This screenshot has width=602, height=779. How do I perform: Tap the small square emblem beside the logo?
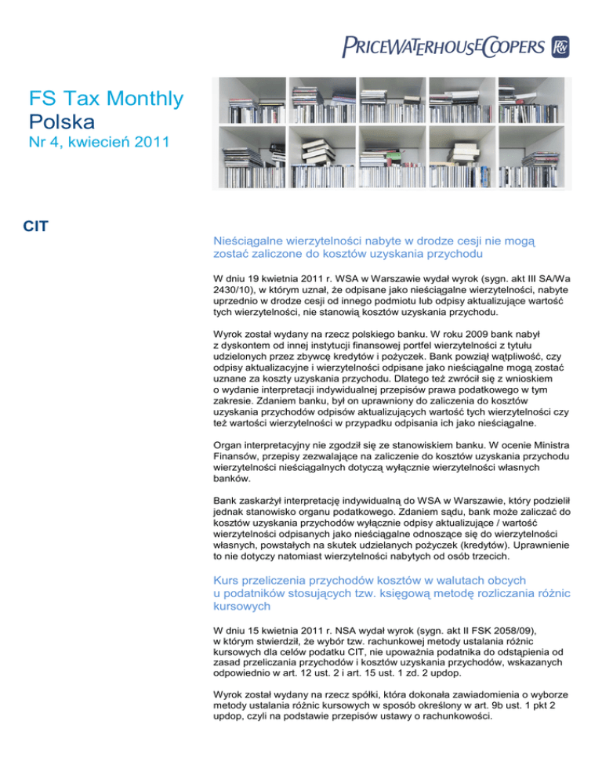pos(560,46)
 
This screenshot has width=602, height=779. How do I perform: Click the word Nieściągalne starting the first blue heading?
pos(254,244)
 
